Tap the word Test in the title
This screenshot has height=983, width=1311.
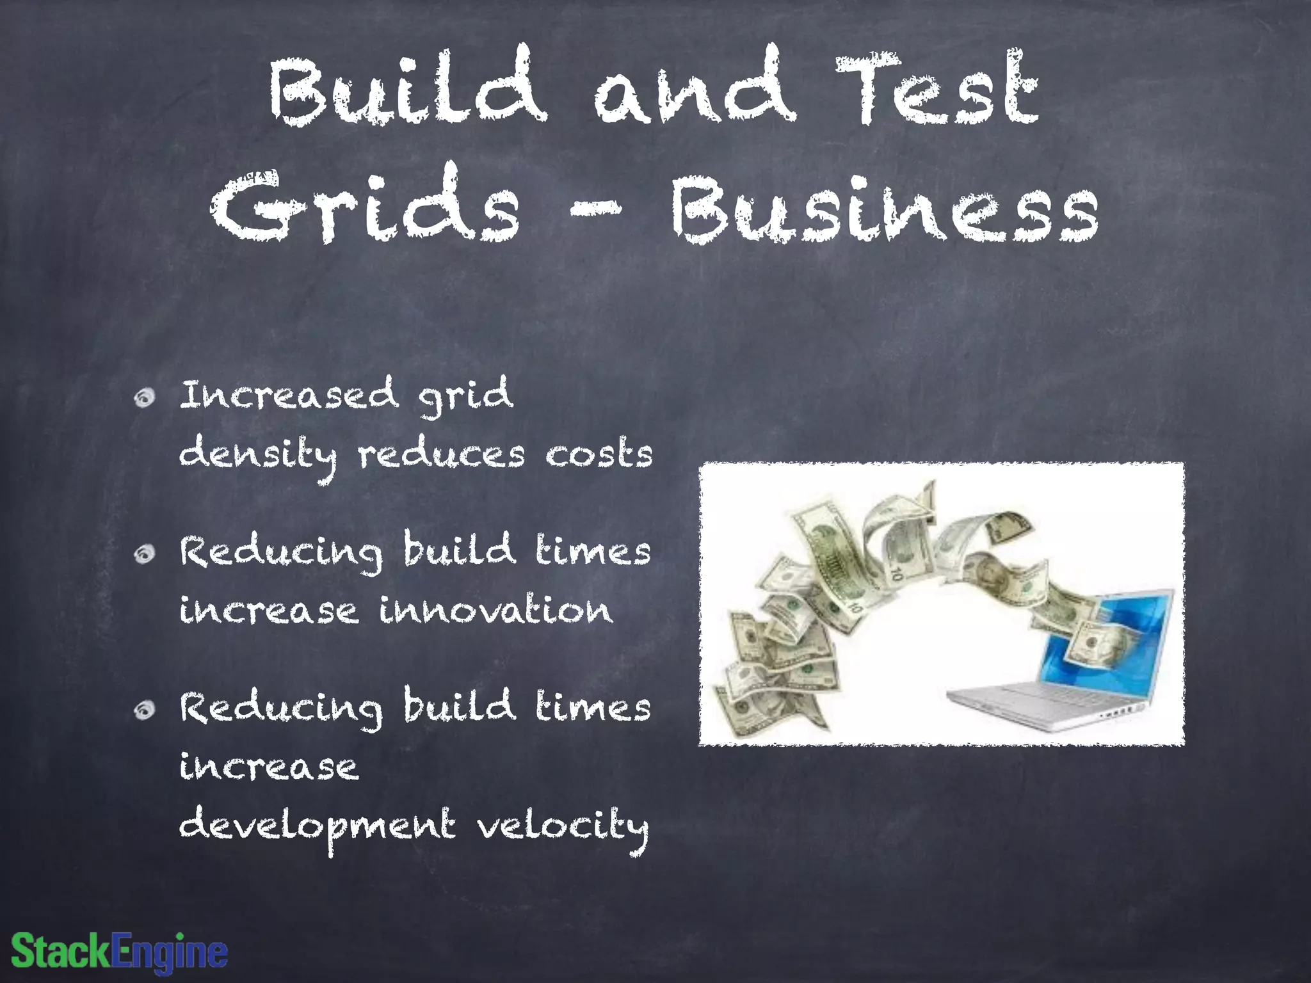(936, 90)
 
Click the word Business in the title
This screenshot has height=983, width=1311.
(885, 208)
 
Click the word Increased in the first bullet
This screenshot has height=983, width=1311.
(288, 395)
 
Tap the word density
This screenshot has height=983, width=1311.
(257, 456)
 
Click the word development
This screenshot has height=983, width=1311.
(318, 827)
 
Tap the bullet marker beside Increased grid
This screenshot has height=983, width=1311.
(145, 398)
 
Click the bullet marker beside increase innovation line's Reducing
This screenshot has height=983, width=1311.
(145, 554)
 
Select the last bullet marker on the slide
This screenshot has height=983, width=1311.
(145, 710)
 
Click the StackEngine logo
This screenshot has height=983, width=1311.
(120, 951)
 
